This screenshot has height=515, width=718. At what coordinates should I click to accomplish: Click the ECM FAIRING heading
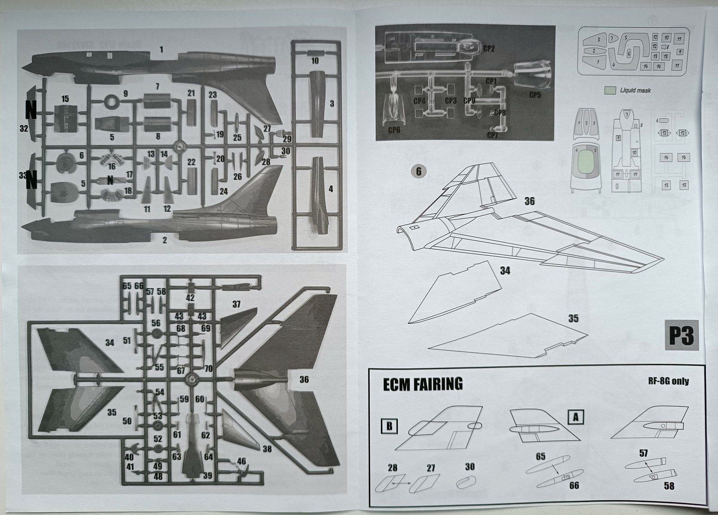(x=422, y=384)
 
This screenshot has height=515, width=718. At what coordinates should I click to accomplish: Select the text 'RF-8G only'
(x=668, y=381)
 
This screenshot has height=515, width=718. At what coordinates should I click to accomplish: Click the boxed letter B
(x=389, y=426)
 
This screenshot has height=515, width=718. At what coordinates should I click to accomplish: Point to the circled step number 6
(x=419, y=171)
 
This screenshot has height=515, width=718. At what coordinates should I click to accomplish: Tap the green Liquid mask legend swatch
(x=610, y=90)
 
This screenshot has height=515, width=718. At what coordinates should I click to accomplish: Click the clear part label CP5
(x=535, y=95)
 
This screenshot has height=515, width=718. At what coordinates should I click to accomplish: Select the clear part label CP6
(x=394, y=130)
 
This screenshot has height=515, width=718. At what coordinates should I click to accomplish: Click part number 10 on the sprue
(x=315, y=61)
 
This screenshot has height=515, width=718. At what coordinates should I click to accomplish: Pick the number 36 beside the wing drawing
(x=530, y=201)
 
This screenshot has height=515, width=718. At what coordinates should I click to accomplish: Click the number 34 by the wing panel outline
(x=505, y=271)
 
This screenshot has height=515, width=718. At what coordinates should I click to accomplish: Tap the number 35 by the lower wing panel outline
(x=573, y=319)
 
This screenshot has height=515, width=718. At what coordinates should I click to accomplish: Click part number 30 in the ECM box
(x=469, y=467)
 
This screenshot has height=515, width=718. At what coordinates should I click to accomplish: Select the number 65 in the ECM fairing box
(x=541, y=456)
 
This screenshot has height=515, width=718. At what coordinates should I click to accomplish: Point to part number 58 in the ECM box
(x=669, y=485)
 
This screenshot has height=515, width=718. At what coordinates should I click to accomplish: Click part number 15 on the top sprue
(x=66, y=99)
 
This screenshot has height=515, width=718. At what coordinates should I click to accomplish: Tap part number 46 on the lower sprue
(x=241, y=461)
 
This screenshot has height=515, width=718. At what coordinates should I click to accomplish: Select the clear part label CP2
(x=489, y=48)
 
